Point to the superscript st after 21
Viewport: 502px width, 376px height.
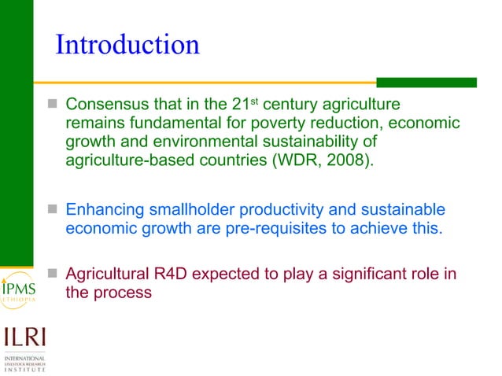tap(255, 101)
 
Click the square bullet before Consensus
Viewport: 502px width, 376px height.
tap(54, 105)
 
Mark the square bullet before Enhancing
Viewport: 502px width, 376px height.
tap(54, 211)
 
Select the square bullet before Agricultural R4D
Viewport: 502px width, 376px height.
tap(54, 275)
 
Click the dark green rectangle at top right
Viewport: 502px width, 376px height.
tap(426, 82)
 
